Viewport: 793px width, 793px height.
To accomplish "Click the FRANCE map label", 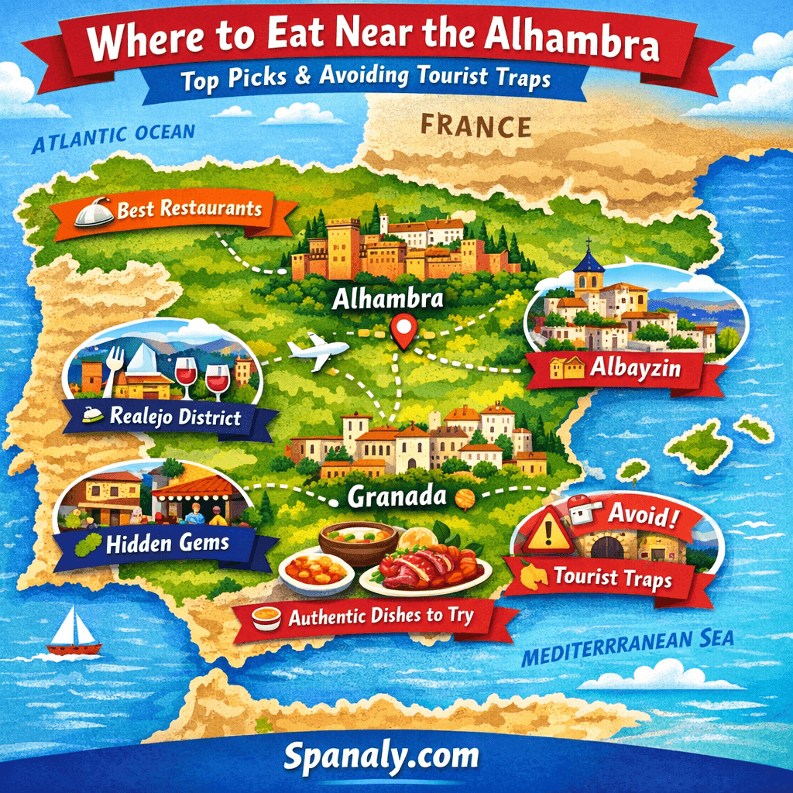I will click(x=475, y=125).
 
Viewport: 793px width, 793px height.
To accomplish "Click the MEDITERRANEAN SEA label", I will click(x=627, y=648).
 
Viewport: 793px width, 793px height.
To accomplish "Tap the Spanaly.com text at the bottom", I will click(x=380, y=755).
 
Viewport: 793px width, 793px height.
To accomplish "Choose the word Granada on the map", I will click(x=397, y=496).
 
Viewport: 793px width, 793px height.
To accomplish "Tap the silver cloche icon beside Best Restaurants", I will click(x=94, y=213).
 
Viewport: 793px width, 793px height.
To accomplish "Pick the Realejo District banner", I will click(x=174, y=417).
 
